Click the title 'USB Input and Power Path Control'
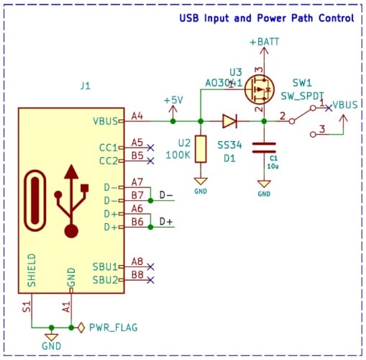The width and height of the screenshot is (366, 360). coord(266,17)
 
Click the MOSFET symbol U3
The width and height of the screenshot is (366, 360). coord(258,90)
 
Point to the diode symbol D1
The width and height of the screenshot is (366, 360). coord(230,121)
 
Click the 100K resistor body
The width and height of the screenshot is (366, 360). coord(201,148)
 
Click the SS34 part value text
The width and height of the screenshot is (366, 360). coord(230,145)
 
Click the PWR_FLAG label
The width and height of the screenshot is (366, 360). coord(112,327)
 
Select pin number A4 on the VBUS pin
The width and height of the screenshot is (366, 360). coord(137,114)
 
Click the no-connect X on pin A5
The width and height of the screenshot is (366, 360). coord(150,147)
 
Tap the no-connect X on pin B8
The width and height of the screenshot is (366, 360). coord(150,279)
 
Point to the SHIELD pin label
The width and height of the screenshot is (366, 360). coord(32,270)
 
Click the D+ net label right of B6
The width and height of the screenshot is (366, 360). coord(166,221)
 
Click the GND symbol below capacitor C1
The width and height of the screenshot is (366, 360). coord(264,189)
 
